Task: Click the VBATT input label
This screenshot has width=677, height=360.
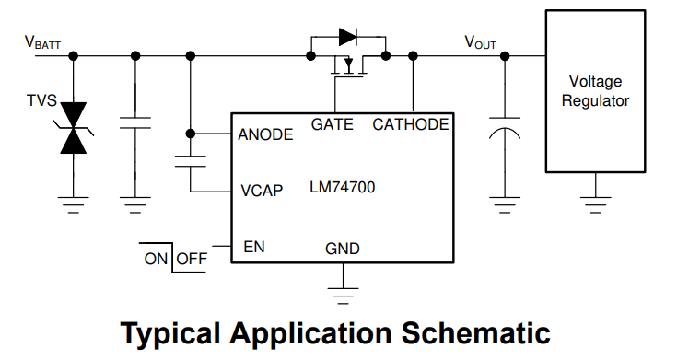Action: (42, 41)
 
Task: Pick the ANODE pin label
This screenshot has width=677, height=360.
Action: (265, 134)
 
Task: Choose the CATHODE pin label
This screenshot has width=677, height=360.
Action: (411, 124)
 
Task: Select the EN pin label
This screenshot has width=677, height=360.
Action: (254, 247)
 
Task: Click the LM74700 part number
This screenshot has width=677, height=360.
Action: (343, 188)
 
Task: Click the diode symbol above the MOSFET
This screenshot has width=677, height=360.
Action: (347, 37)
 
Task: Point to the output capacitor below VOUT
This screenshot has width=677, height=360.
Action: (504, 129)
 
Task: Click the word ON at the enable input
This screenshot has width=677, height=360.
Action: (156, 259)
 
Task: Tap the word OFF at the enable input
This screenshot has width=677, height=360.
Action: (192, 259)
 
